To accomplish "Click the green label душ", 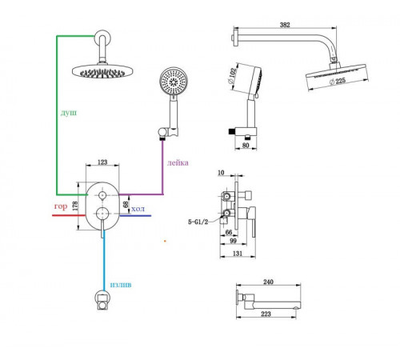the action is tap(69, 113).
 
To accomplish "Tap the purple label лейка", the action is tap(178, 162).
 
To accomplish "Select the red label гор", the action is tap(61, 206).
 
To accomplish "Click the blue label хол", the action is tap(138, 209).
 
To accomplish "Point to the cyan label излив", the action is tap(121, 285).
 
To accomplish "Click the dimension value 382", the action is tap(285, 25).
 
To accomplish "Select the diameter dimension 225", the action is tap(338, 81).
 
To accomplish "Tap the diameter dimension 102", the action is tap(232, 75).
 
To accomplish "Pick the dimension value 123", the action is tap(102, 162).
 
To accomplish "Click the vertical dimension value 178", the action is tap(75, 206).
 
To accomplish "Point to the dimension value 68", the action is tap(126, 205).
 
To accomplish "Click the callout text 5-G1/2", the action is tap(198, 222).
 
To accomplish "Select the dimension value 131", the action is tap(238, 253).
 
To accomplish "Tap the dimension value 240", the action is tap(268, 282).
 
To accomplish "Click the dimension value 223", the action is tap(266, 314).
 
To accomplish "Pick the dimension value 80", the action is tap(246, 146).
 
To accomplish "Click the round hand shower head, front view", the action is tap(174, 81).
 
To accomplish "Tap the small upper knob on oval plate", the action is tap(102, 195).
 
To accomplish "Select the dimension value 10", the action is tap(221, 173).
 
